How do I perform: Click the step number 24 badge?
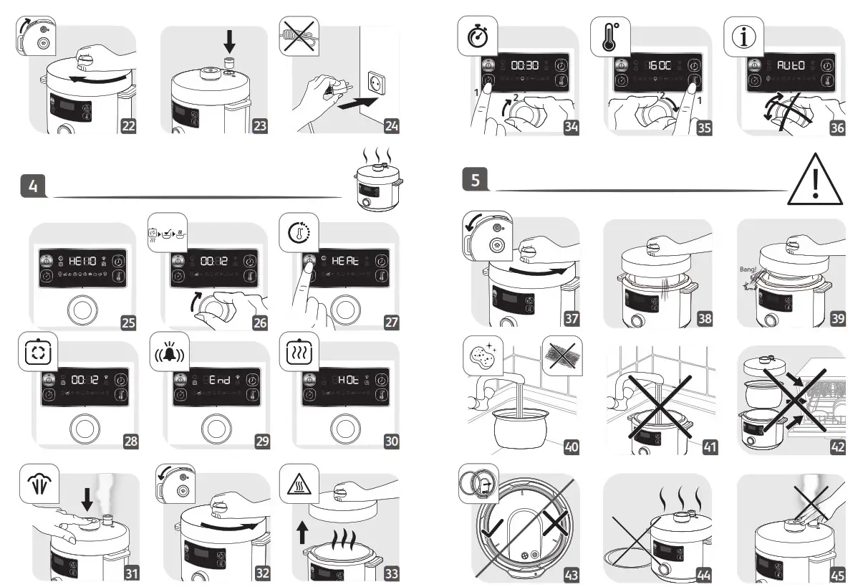click(x=392, y=126)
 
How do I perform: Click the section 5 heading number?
click(x=476, y=178)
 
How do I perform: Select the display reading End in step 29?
click(x=216, y=381)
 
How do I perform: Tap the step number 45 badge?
click(x=837, y=575)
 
